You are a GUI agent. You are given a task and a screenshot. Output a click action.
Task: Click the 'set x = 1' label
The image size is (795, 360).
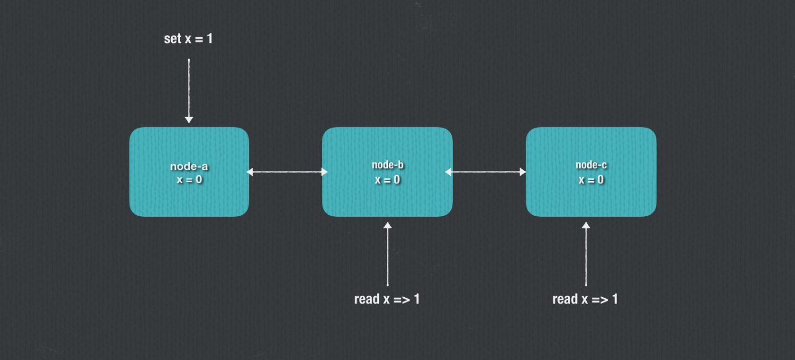click(188, 39)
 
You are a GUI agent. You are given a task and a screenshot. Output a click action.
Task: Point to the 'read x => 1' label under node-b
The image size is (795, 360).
click(387, 299)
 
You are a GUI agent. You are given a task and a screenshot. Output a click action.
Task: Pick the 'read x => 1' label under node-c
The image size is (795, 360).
click(585, 299)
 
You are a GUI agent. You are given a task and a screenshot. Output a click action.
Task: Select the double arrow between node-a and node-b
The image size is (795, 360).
click(287, 172)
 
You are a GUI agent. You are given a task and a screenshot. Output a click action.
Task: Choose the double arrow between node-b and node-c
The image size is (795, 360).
click(485, 172)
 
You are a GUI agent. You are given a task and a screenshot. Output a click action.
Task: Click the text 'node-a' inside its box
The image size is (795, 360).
click(189, 167)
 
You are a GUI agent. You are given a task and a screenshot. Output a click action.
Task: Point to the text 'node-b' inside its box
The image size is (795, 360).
click(387, 165)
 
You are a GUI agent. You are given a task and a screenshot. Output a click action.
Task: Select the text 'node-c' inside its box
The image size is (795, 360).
click(591, 165)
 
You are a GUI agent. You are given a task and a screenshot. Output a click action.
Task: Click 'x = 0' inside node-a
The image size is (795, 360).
click(189, 179)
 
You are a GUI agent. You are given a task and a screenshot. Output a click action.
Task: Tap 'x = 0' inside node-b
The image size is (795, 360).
click(387, 179)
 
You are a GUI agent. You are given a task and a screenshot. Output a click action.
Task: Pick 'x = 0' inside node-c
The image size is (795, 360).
click(591, 179)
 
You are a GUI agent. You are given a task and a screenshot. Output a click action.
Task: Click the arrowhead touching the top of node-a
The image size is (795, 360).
click(189, 120)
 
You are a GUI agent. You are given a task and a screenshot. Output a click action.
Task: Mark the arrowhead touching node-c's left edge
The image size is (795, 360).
click(522, 172)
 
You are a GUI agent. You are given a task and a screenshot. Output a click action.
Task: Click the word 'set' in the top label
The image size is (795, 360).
click(172, 39)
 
